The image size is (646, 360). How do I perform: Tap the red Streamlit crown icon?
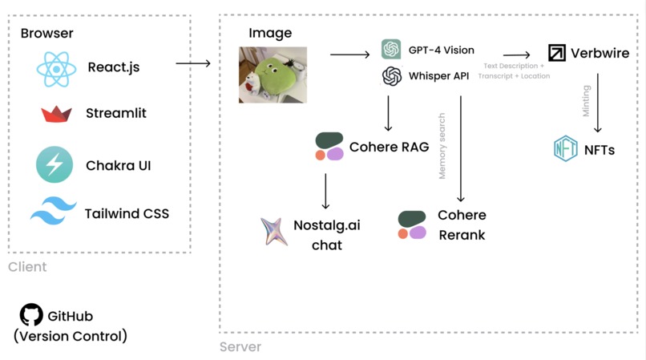56,114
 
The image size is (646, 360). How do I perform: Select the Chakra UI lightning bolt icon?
55,165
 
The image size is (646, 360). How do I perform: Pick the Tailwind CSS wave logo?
54,212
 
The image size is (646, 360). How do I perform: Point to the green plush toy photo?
273,75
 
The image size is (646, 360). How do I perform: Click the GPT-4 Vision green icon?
391,50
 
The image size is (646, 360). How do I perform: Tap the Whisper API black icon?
391,76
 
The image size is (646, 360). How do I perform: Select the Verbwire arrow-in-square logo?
556,53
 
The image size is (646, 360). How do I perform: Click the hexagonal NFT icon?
566,149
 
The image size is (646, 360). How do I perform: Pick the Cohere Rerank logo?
412,225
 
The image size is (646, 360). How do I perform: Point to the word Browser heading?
46,33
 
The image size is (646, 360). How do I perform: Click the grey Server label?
240,347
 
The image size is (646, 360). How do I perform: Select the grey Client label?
27,267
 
